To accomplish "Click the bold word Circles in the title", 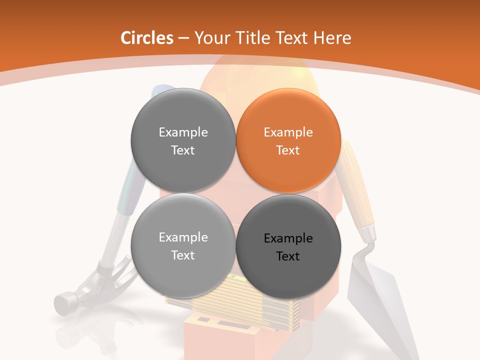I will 146,38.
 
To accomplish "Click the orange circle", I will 288,141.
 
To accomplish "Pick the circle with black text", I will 288,246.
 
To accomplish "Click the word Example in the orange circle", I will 288,132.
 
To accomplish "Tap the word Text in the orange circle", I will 288,150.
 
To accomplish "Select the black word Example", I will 288,238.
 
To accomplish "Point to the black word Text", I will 288,256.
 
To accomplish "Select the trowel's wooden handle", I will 357,190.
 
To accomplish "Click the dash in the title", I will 183,38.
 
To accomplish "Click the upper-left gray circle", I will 183,141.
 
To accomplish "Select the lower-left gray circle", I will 183,246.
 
